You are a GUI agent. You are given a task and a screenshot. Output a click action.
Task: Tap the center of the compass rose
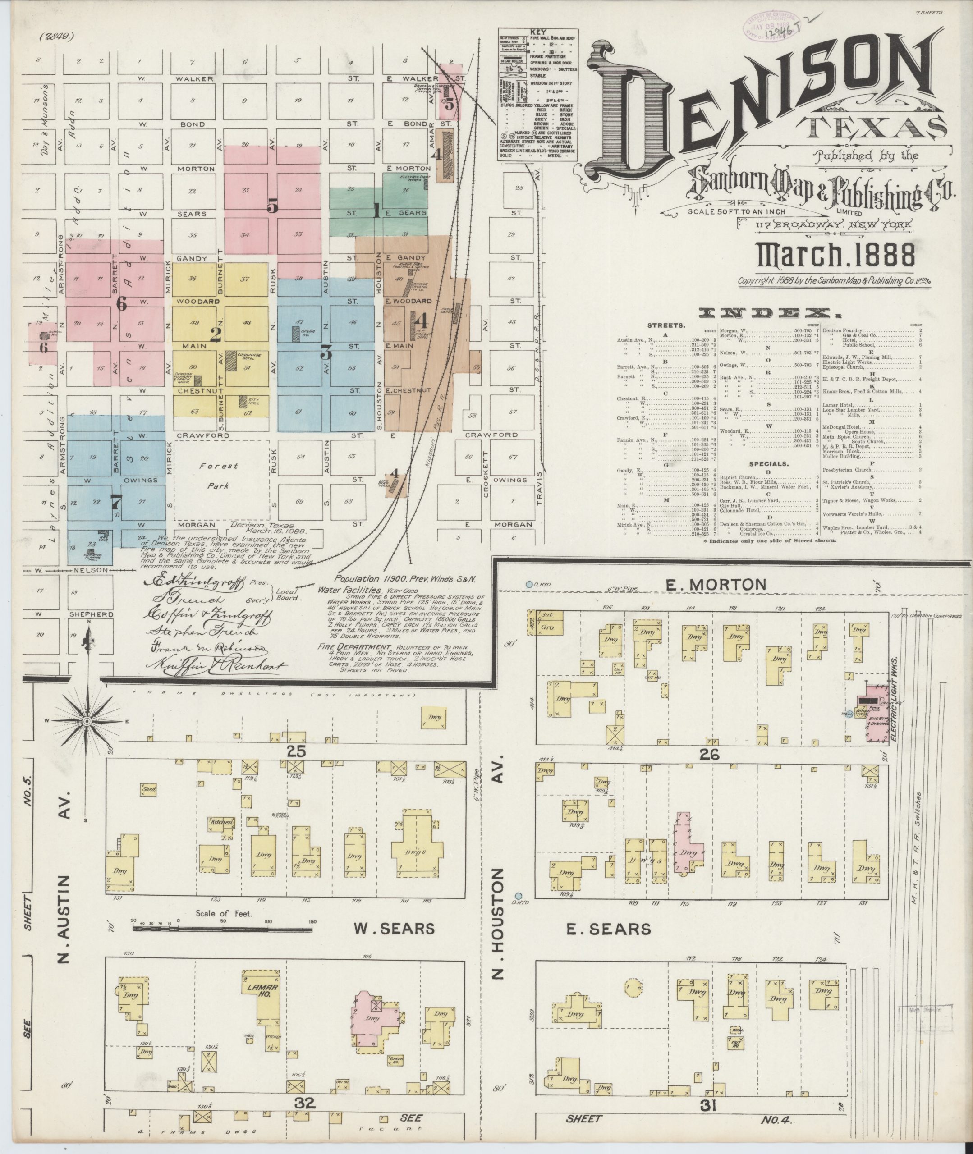(x=87, y=721)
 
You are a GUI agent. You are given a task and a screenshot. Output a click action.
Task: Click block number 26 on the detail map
(x=709, y=756)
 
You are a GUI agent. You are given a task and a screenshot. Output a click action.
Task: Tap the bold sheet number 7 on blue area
(x=116, y=501)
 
